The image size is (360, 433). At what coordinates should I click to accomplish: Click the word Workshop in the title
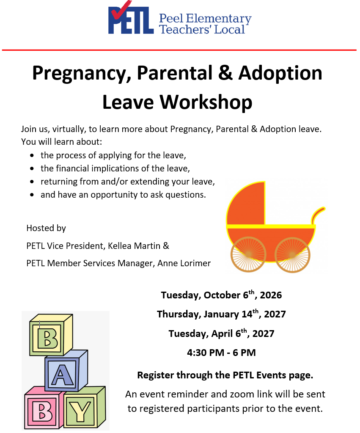click(x=206, y=102)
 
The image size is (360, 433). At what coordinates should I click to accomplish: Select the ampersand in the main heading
click(x=225, y=73)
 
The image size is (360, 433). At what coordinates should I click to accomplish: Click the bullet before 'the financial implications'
click(x=32, y=168)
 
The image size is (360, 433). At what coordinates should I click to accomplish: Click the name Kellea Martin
click(x=134, y=246)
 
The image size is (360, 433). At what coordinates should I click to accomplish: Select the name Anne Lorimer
click(x=184, y=263)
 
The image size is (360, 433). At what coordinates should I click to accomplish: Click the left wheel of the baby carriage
click(x=248, y=254)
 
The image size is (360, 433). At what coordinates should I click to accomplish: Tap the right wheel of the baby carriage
click(x=292, y=255)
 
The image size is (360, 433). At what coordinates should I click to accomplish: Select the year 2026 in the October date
click(x=271, y=295)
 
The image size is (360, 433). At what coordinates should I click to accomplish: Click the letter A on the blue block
click(x=63, y=375)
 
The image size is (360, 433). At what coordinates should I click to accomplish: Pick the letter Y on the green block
click(x=80, y=411)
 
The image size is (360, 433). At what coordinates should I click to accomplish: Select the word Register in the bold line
click(x=156, y=375)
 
